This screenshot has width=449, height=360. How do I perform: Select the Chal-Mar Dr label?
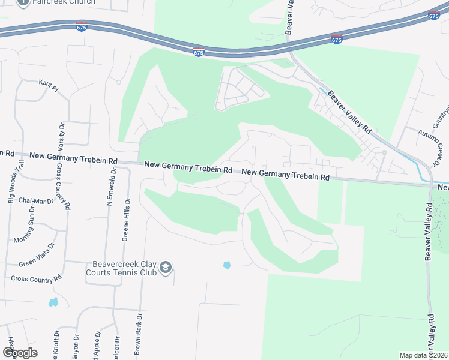(x=36, y=200)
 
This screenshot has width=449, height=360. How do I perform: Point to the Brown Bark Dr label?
(x=138, y=337)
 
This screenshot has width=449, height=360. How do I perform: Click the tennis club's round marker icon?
(x=167, y=268)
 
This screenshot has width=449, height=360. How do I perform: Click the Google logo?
(x=20, y=353)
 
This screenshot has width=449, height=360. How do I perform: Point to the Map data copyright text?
(x=423, y=355)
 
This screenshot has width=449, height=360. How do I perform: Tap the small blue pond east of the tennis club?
(x=227, y=265)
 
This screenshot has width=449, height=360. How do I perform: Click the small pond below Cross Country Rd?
(x=53, y=301)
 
